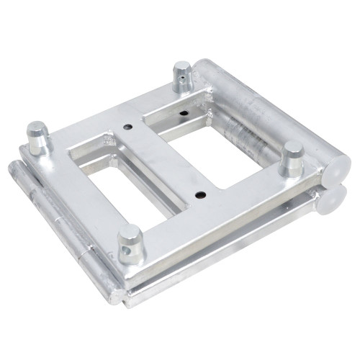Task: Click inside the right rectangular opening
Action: pos(216,148)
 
